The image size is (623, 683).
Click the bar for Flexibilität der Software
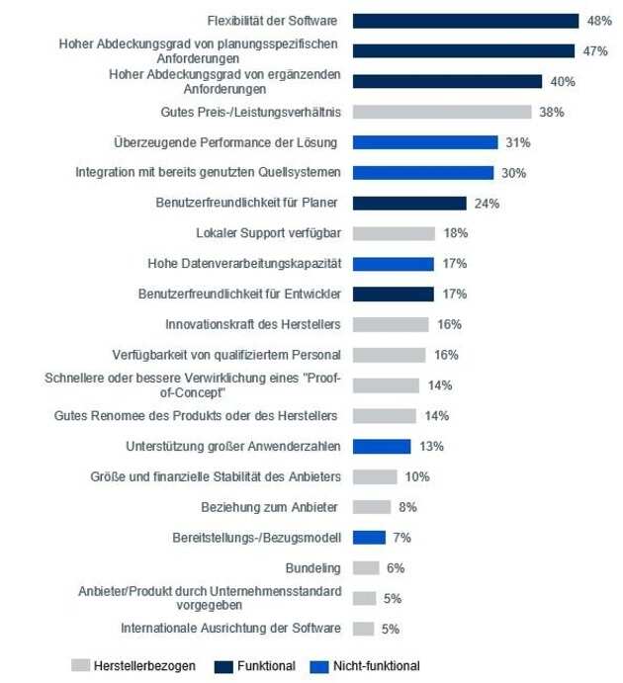[x=465, y=21]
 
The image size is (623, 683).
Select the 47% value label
[x=592, y=51]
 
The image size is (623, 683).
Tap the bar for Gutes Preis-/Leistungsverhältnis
[x=442, y=112]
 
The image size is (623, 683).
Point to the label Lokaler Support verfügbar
[x=268, y=233]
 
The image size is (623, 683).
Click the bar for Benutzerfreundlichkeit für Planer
[x=409, y=203]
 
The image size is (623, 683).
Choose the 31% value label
[x=517, y=142]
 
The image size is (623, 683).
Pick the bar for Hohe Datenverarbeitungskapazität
[x=394, y=264]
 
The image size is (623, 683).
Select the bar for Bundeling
[x=366, y=567]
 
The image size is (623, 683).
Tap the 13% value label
[x=431, y=446]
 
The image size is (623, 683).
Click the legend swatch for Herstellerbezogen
[x=80, y=665]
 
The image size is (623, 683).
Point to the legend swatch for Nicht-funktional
[x=318, y=665]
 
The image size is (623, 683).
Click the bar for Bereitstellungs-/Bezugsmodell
[x=369, y=537]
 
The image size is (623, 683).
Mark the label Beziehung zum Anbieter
[x=270, y=507]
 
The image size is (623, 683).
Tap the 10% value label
[x=416, y=476]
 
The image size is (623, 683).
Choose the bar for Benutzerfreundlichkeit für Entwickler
[x=394, y=294]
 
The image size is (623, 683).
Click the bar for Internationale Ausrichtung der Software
[x=363, y=628]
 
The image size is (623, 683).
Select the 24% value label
[x=487, y=204]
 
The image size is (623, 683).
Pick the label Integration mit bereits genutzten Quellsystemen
[x=209, y=172]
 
